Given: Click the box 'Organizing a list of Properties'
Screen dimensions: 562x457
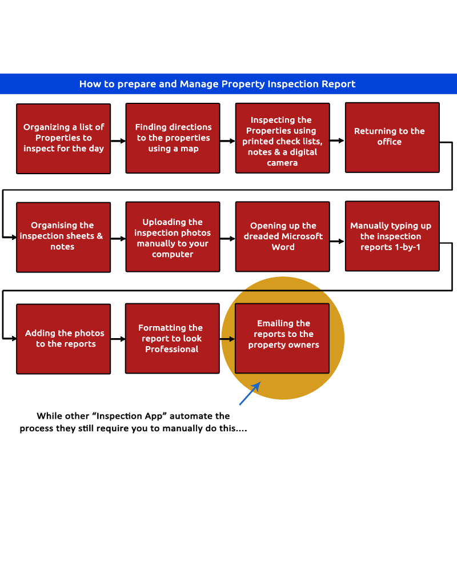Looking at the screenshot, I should (63, 138).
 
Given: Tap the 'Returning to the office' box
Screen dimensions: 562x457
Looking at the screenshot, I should (392, 137).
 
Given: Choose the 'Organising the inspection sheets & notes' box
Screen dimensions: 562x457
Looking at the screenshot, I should (63, 236).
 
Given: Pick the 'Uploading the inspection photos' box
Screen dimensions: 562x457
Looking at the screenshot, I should (173, 236).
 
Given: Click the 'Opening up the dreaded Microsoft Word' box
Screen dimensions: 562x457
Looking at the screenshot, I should (282, 236).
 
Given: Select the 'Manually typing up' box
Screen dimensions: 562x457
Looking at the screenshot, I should (392, 236).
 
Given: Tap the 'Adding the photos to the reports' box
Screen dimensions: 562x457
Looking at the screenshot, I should (63, 339).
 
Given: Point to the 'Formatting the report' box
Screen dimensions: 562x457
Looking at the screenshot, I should (172, 339).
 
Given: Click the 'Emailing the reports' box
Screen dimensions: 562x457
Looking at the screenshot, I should (282, 338).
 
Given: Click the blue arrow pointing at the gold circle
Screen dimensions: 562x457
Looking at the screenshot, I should (250, 393).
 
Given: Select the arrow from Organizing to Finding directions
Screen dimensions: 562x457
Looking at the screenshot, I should (118, 140).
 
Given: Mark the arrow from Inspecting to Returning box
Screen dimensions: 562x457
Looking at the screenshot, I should (337, 140).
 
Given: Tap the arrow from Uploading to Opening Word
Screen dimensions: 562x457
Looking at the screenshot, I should (227, 239).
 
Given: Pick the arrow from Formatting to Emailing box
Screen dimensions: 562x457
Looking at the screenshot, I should (227, 339).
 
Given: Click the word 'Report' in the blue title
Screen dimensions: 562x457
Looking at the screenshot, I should (339, 84).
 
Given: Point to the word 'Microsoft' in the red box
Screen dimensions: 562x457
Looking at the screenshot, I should (303, 236).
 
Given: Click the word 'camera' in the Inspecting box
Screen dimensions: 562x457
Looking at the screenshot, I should (282, 163).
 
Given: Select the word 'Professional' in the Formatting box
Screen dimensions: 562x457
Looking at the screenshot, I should (171, 349).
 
